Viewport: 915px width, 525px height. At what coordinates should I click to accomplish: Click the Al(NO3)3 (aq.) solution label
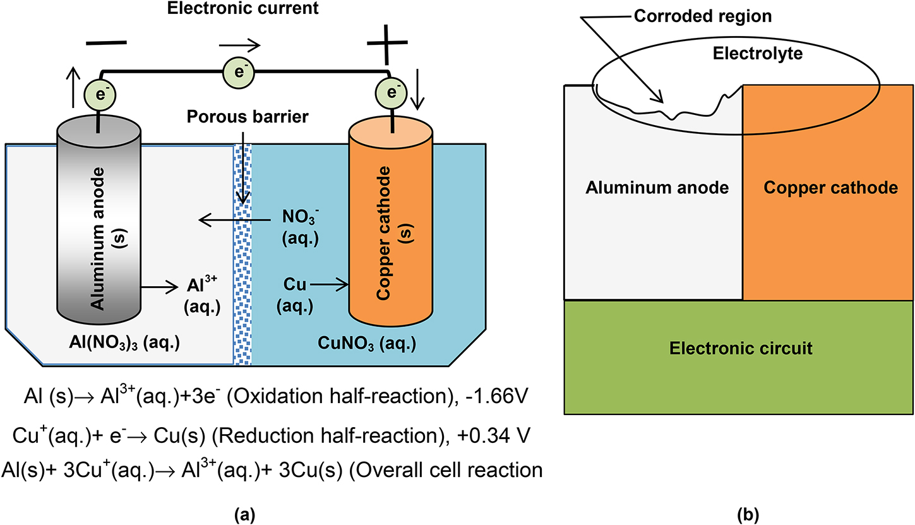[135, 344]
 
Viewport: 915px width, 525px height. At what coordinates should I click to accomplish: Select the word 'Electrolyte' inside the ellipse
[748, 54]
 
